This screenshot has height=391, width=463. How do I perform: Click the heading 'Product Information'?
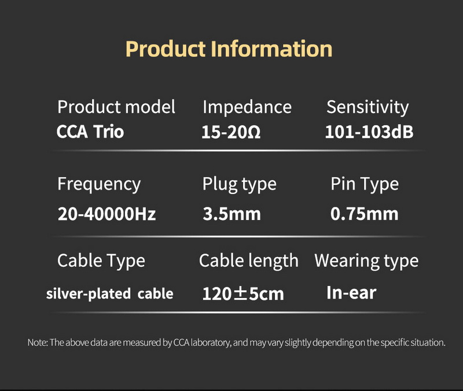229,49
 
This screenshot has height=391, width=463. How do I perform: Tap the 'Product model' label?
116,107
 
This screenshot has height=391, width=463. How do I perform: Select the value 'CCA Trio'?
90,132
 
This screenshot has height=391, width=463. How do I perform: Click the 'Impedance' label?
247,107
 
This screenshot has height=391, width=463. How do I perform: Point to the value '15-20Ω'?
231,132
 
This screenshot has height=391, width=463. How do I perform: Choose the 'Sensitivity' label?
368,107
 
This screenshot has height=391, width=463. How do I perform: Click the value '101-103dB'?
369,132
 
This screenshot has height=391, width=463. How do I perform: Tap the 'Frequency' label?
99,184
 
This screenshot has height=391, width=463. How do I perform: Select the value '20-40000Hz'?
107,214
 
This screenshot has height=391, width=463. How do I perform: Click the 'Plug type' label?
240,184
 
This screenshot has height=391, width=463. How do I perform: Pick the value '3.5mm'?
231,214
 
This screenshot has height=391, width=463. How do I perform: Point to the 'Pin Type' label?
365,184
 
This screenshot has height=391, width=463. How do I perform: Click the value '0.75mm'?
365,214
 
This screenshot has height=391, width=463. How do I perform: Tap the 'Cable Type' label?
101,261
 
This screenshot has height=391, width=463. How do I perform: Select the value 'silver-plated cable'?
109,293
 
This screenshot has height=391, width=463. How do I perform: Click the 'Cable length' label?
249,261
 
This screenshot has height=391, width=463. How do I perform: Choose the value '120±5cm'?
243,293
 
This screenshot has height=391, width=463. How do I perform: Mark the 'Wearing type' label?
366,261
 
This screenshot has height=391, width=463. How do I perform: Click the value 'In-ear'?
351,292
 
